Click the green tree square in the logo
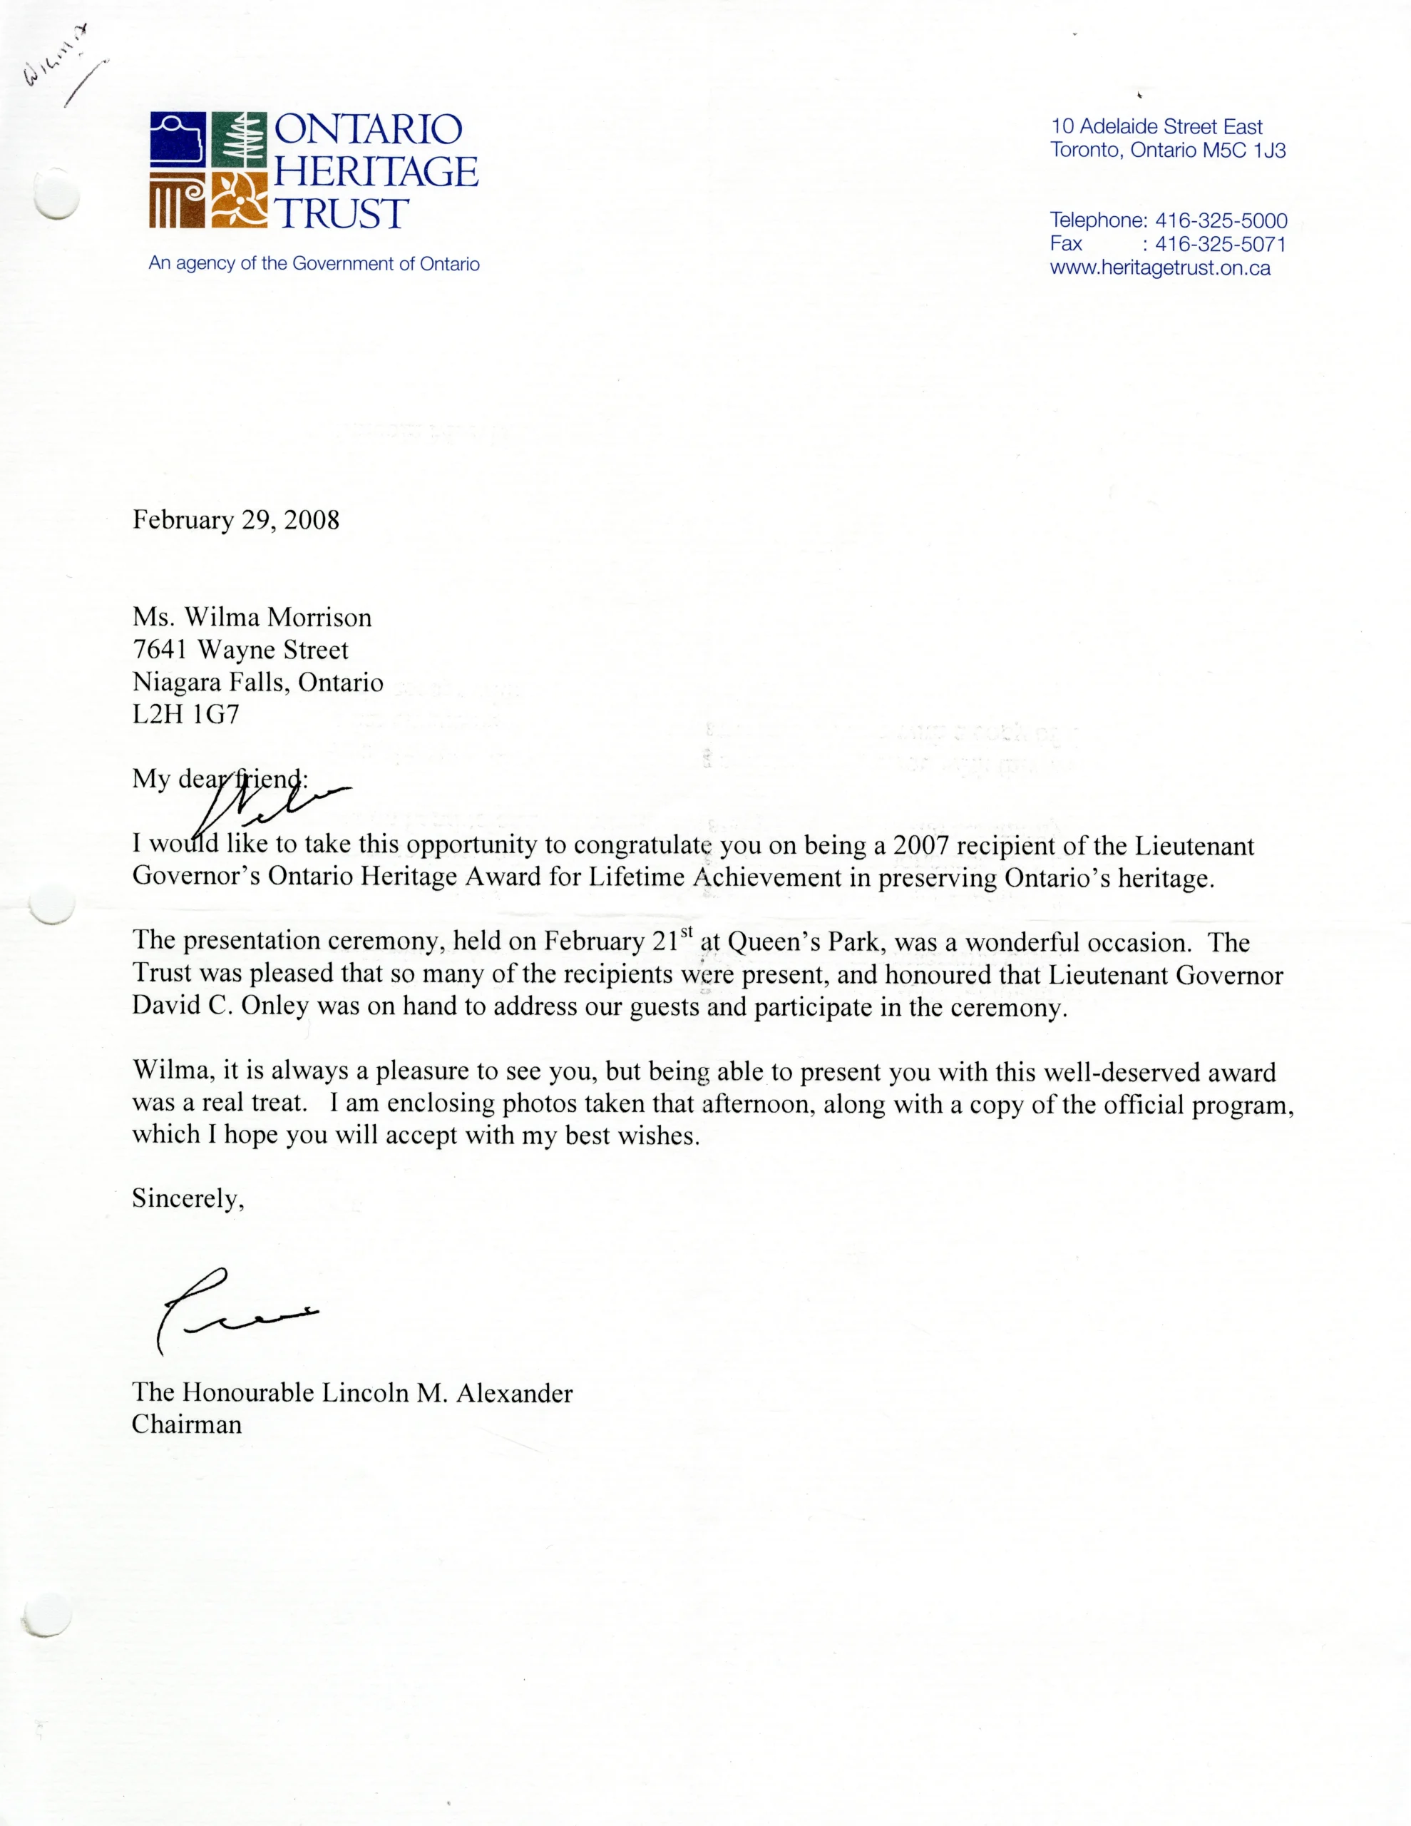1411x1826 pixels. pos(239,140)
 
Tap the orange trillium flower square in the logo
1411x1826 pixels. pos(239,200)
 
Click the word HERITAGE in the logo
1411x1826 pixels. pos(376,171)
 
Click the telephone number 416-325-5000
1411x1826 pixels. pos(1221,220)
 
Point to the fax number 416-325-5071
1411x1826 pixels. pos(1221,244)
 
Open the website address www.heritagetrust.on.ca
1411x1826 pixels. pos(1160,268)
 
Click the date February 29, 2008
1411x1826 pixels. pos(236,520)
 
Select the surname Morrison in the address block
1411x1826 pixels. pos(319,618)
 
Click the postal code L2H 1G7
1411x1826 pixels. pos(185,714)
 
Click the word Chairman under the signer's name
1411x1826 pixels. pos(186,1424)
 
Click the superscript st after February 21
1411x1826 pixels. pos(687,931)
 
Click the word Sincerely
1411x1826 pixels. pos(188,1199)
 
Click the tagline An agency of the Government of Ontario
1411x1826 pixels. pos(314,264)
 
